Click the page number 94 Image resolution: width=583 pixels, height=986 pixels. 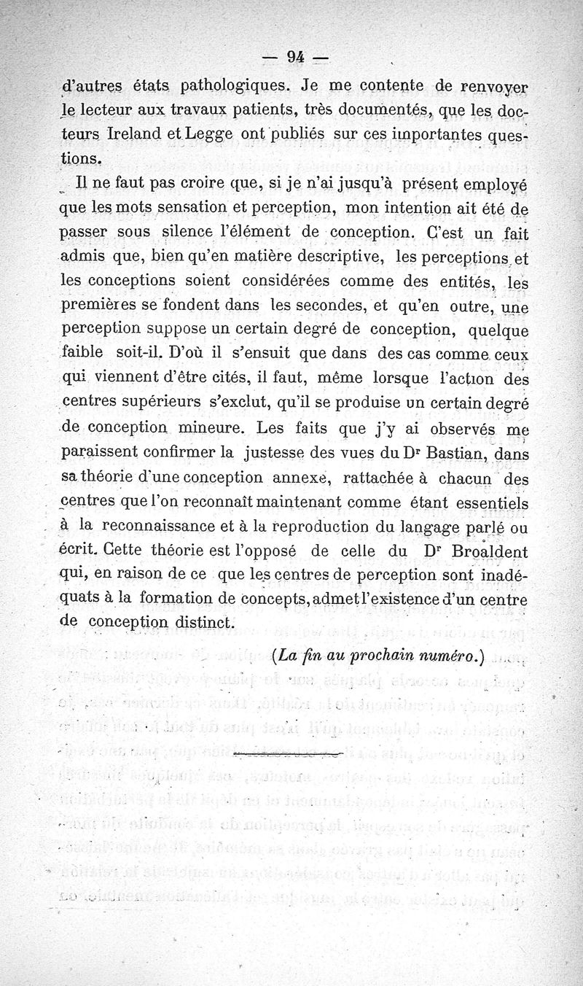[x=295, y=56]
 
